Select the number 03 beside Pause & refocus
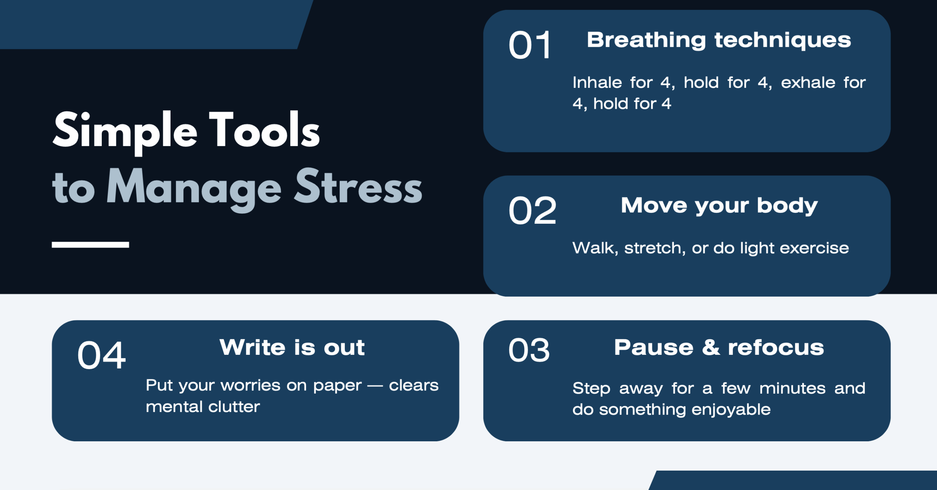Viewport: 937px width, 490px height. click(x=529, y=350)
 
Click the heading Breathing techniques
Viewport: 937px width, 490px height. click(x=719, y=40)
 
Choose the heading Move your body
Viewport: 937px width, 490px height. click(x=719, y=206)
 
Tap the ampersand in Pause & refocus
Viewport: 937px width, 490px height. click(x=711, y=347)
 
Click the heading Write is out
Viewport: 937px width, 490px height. click(x=292, y=347)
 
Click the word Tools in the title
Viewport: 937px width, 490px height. click(x=264, y=130)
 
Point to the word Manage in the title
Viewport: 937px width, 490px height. click(x=194, y=188)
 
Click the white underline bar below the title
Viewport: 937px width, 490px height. click(x=90, y=245)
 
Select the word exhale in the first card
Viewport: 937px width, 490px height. click(x=808, y=82)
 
